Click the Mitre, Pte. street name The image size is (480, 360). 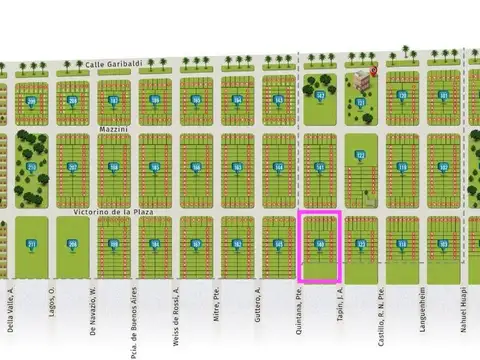coord(216,305)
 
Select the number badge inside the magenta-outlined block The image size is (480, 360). coord(320,243)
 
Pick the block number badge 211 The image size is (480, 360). coord(31,244)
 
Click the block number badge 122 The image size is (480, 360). coord(361,156)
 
